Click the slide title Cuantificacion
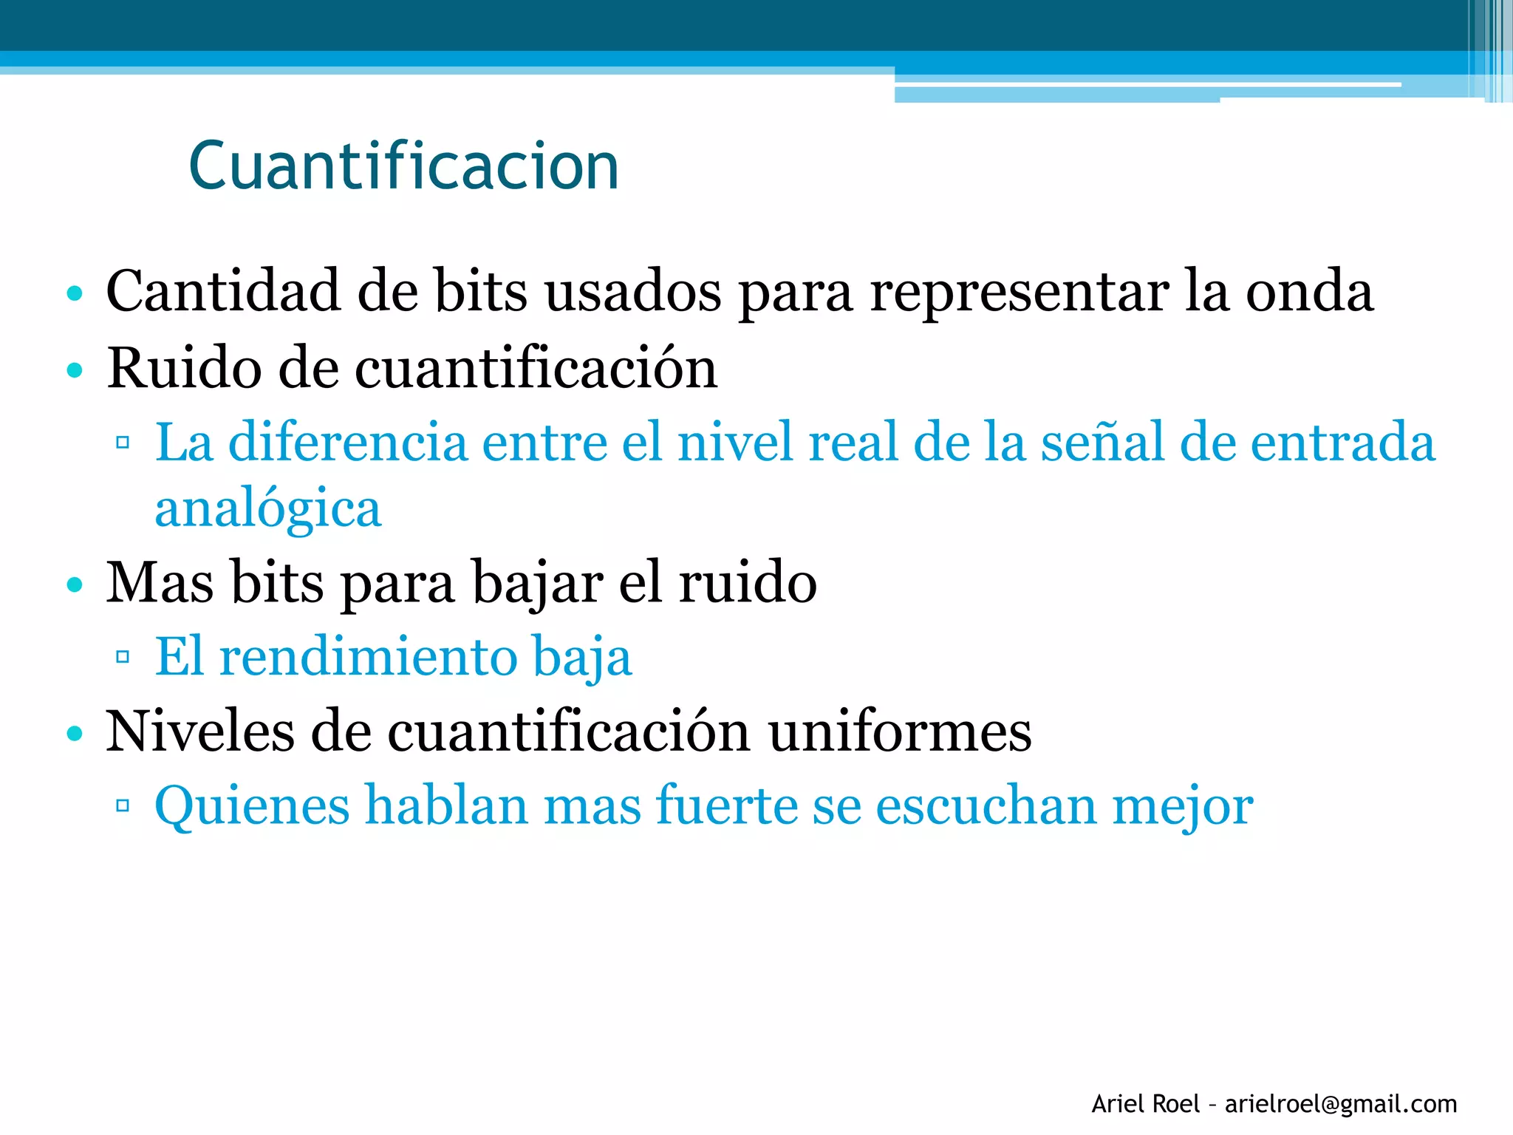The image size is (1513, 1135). click(x=403, y=167)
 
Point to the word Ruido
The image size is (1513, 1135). click(x=183, y=367)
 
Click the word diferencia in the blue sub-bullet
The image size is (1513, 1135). click(x=348, y=442)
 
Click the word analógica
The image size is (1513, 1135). click(x=268, y=510)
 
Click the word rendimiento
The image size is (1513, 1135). click(x=369, y=656)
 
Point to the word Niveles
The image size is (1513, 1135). click(x=199, y=731)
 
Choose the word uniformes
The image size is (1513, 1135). click(x=899, y=731)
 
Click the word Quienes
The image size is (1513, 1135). click(x=252, y=805)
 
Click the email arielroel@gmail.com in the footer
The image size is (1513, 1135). click(x=1341, y=1104)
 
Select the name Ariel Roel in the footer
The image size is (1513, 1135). click(x=1145, y=1104)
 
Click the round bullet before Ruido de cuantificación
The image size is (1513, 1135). click(x=74, y=369)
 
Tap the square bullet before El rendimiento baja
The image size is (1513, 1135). click(x=123, y=656)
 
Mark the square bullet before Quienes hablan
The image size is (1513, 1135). click(x=123, y=805)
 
